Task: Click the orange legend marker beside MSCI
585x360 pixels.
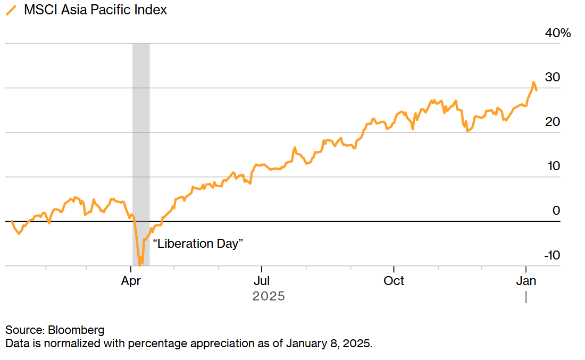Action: pos(10,10)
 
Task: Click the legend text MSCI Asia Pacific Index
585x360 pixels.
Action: pos(95,10)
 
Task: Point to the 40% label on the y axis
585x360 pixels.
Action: pos(557,33)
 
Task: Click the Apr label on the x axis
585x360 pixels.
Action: pos(131,281)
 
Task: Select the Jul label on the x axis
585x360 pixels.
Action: pos(261,281)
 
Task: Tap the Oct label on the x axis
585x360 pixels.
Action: pos(394,281)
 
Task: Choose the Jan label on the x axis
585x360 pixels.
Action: pos(525,281)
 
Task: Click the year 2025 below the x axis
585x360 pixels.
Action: pos(269,296)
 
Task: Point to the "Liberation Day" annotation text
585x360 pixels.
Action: pos(198,244)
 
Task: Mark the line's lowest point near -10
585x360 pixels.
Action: pos(139,264)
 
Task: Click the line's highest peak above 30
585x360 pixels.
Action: pos(533,82)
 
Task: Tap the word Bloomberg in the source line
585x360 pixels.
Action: pos(78,330)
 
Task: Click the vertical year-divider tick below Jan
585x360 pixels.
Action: pos(526,297)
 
